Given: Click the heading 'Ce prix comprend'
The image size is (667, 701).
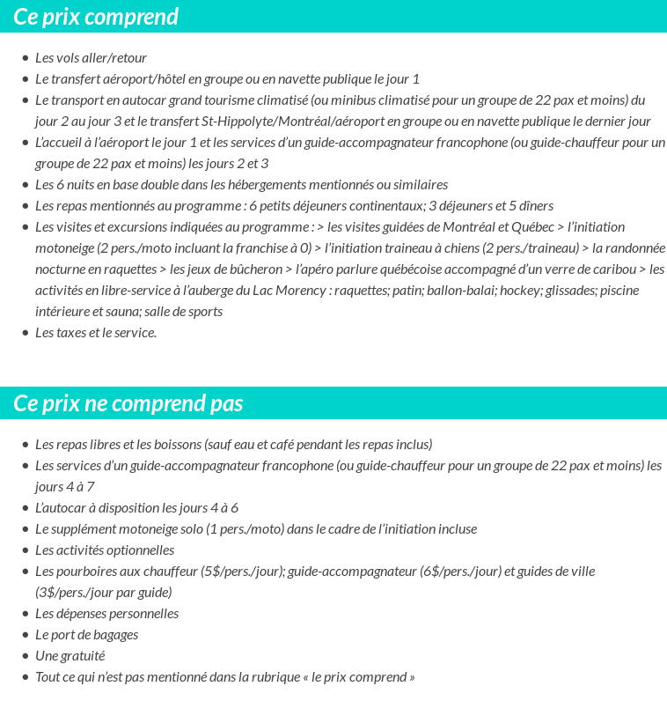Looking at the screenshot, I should pyautogui.click(x=96, y=17).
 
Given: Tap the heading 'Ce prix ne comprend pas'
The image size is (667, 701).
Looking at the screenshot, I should pyautogui.click(x=128, y=403).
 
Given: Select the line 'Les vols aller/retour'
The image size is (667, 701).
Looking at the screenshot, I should pyautogui.click(x=91, y=57).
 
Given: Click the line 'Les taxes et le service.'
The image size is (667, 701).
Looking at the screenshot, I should pyautogui.click(x=96, y=332).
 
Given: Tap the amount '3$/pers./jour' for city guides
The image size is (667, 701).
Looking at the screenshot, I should pyautogui.click(x=76, y=592).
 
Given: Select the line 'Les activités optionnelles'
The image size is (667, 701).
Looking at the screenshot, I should pyautogui.click(x=105, y=550).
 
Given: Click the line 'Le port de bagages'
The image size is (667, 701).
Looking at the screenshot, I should pyautogui.click(x=86, y=634).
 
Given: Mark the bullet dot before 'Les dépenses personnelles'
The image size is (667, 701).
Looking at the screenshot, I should pyautogui.click(x=25, y=614).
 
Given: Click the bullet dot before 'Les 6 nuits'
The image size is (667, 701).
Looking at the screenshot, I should pyautogui.click(x=25, y=185).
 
